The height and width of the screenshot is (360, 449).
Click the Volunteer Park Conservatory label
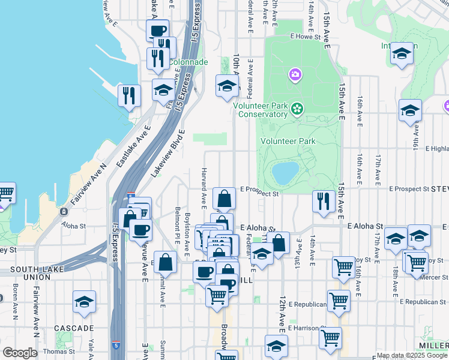pyautogui.click(x=260, y=110)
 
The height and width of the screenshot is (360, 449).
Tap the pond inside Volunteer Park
pyautogui.click(x=285, y=173)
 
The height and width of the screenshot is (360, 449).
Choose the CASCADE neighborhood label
pyautogui.click(x=74, y=328)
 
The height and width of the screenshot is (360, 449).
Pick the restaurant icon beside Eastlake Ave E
pyautogui.click(x=129, y=95)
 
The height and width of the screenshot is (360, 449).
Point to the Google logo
pyautogui.click(x=19, y=353)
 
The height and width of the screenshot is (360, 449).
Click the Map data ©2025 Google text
pyautogui.click(x=412, y=355)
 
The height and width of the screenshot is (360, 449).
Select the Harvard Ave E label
pyautogui.click(x=204, y=185)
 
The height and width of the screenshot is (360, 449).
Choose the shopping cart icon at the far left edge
pyautogui.click(x=5, y=193)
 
